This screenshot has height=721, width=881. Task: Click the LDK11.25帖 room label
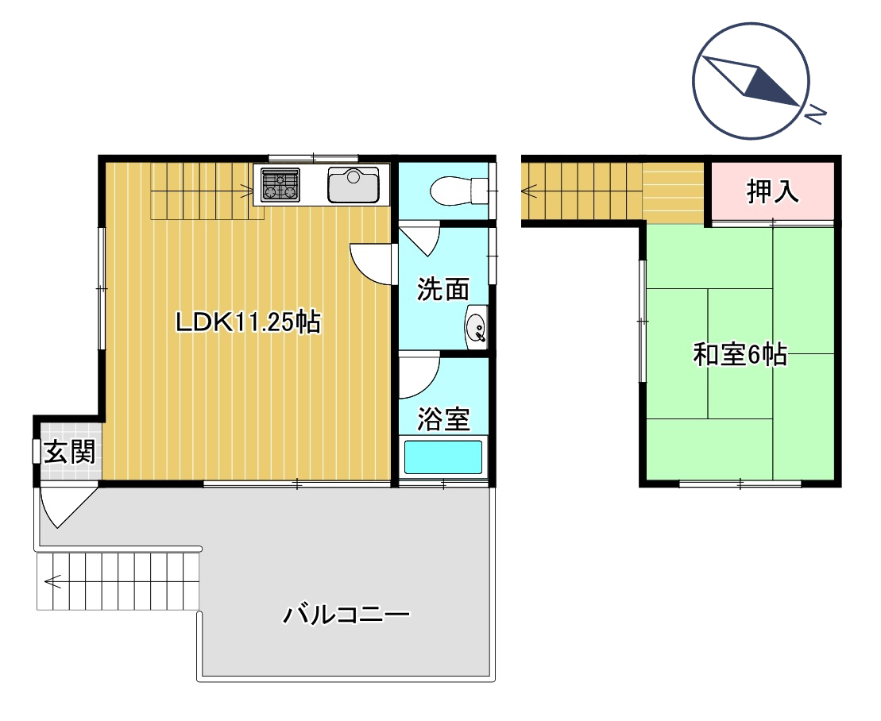click(249, 322)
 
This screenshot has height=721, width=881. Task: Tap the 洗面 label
click(442, 289)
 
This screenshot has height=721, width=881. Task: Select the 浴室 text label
click(442, 419)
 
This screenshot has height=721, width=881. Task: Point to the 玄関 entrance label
click(70, 452)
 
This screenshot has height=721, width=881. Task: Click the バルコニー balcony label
click(346, 615)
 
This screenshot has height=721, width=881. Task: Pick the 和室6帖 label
click(740, 354)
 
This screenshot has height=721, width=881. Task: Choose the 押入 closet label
click(772, 191)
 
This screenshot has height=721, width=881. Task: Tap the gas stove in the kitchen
click(280, 184)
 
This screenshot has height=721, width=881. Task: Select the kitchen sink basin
click(354, 185)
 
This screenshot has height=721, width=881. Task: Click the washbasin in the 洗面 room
click(476, 328)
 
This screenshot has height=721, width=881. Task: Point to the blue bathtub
click(443, 457)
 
